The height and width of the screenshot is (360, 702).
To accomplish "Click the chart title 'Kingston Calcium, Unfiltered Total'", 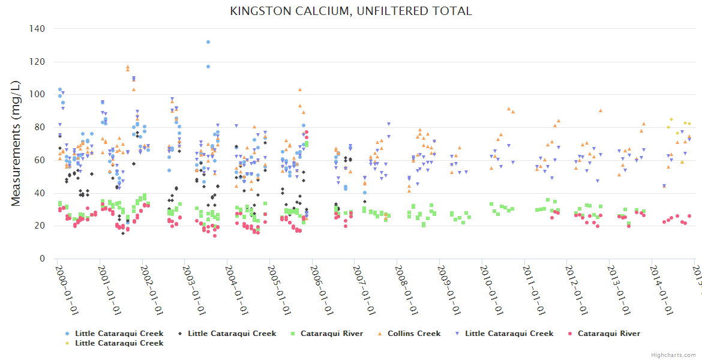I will coord(351,11).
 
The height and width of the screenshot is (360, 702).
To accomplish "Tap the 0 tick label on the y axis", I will coord(42,259).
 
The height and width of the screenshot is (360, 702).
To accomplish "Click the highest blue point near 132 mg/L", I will coord(208,42).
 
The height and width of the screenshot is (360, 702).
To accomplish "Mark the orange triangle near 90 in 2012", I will coord(600,110).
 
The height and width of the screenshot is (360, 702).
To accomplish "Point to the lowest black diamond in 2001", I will coord(123,233).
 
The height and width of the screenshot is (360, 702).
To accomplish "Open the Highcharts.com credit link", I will coord(674,355).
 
